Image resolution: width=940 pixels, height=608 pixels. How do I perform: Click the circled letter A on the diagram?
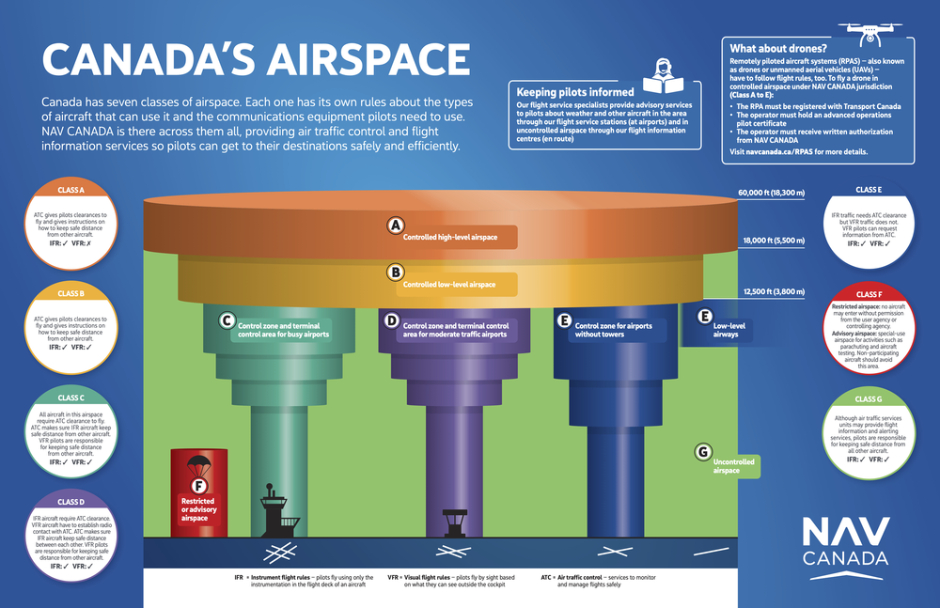(x=396, y=226)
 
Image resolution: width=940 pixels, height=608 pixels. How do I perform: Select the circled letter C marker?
(x=227, y=321)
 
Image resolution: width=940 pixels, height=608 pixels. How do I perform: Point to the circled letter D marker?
(x=391, y=321)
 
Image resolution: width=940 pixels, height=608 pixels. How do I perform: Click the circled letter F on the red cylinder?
(x=197, y=486)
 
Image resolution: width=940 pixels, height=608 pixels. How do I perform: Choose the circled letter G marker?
(x=701, y=452)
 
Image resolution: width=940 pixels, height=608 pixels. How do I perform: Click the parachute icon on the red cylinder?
(x=198, y=462)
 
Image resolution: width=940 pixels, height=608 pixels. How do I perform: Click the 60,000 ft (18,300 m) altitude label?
(x=772, y=194)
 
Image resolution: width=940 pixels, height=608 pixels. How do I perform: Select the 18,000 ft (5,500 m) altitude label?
(x=774, y=241)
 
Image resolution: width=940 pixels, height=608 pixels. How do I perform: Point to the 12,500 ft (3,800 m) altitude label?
(x=774, y=290)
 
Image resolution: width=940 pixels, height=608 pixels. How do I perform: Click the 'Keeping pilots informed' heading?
(x=576, y=92)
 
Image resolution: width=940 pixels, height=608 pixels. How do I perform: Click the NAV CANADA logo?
(x=845, y=542)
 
